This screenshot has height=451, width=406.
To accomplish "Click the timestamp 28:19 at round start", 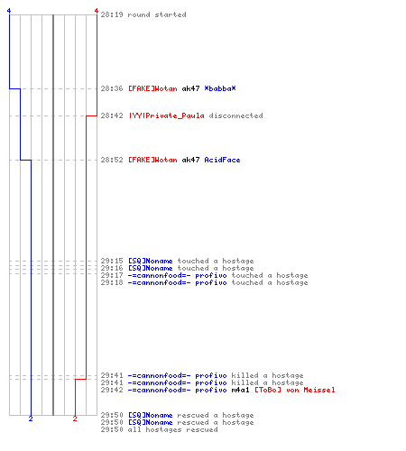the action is coord(112,14).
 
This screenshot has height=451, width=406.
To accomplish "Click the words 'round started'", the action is coord(157,14).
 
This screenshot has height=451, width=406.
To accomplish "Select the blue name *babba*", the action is coord(220,88).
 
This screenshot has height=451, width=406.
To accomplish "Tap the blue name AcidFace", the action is coord(222,160).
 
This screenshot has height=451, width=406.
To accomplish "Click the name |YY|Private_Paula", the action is coord(167,115).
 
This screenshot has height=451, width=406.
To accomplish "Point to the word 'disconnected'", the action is coord(235,115).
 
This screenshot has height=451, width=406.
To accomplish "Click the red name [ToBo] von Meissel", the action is coord(295,390).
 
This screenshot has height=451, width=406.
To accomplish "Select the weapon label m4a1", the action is coord(240,390).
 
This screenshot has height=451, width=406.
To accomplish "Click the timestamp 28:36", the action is coord(112,88).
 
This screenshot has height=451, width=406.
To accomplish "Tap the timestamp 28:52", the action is coord(112,160).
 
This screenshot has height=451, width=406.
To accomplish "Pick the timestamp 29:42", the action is coord(112,390).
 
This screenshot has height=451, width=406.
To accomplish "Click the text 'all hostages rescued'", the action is coord(172,429).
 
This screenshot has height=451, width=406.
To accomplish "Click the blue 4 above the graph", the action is coord(9,11).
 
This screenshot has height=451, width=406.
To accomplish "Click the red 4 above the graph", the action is coord(97,11).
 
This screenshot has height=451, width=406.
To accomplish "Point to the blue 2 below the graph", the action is coord(31,419).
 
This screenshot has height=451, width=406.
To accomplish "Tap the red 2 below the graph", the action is coord(75,419).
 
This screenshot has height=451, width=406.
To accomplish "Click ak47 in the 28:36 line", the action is coord(190,88).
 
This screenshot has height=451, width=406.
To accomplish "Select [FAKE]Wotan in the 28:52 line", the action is coord(152,160).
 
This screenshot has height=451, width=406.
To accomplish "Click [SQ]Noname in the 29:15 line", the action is coord(151,261).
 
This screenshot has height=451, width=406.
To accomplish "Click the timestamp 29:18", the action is coord(112,282).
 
